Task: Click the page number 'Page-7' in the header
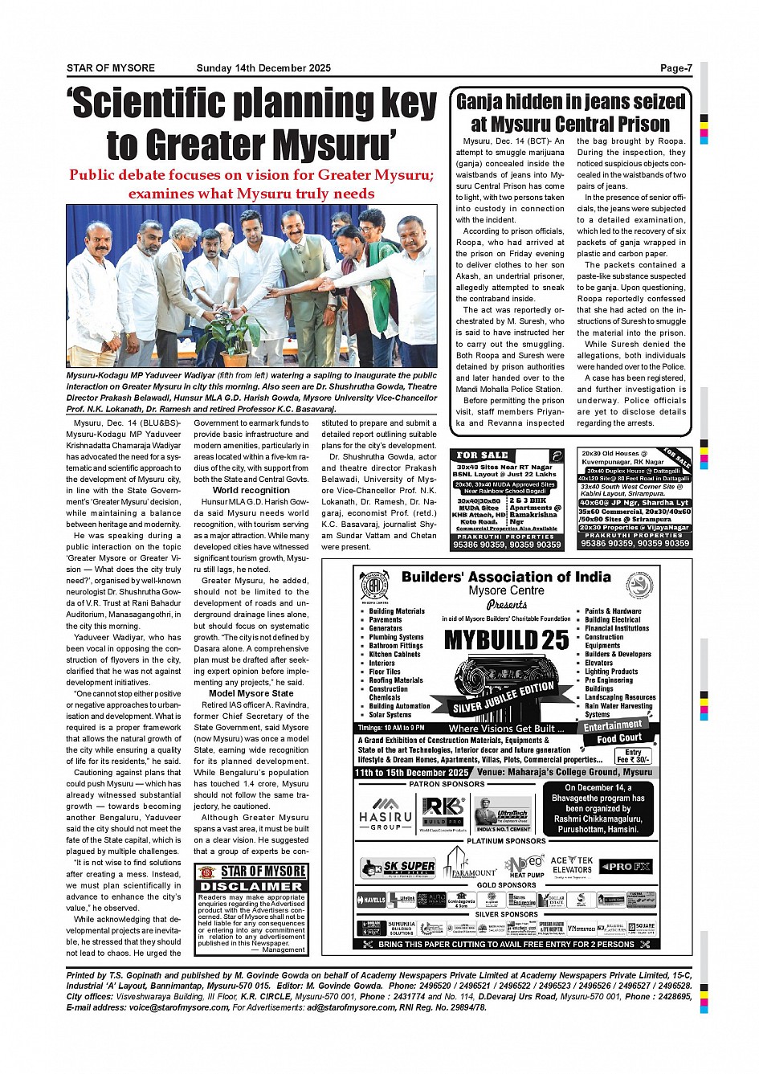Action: (x=675, y=68)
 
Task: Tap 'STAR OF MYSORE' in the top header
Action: (x=110, y=68)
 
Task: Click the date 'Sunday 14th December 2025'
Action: (x=263, y=68)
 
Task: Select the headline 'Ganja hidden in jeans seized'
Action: (x=570, y=102)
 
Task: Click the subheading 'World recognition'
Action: (x=251, y=490)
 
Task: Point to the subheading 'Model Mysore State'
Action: (x=251, y=693)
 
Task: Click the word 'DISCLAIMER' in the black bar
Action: (x=251, y=886)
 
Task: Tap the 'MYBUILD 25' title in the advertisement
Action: (x=506, y=640)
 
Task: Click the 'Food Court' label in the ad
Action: (x=618, y=738)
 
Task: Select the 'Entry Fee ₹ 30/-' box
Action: (x=634, y=756)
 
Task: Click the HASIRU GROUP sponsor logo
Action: (x=386, y=812)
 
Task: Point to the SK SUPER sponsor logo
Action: (x=398, y=868)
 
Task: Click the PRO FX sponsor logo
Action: (x=626, y=867)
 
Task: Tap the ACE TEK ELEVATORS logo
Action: (x=572, y=864)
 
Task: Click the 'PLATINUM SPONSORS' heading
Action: (x=506, y=841)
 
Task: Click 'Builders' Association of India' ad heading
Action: (x=506, y=577)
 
